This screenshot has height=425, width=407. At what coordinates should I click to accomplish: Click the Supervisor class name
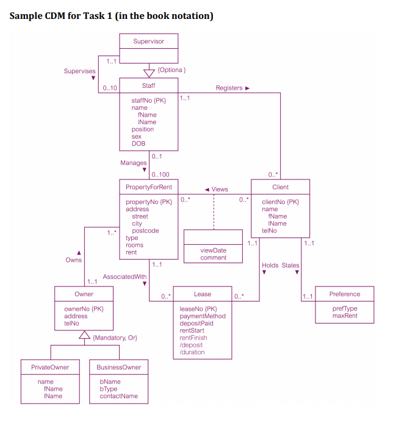(148, 42)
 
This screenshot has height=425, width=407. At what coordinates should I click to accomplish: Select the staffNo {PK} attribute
(148, 100)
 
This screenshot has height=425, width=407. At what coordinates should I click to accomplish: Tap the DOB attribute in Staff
(139, 143)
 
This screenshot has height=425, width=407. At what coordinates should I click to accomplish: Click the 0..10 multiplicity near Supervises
(110, 89)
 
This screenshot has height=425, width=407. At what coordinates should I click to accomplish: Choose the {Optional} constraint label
(171, 70)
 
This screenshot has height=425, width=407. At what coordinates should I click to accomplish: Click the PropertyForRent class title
(148, 187)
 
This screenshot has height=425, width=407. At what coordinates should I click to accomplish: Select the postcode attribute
(145, 231)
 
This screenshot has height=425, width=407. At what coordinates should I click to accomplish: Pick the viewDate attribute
(213, 250)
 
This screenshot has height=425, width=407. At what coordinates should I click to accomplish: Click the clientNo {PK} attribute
(280, 202)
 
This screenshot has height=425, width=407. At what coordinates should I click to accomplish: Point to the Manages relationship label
(134, 163)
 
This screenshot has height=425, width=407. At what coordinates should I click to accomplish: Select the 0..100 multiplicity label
(160, 175)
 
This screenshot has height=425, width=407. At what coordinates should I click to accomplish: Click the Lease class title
(203, 294)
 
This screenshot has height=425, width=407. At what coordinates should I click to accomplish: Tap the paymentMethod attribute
(203, 316)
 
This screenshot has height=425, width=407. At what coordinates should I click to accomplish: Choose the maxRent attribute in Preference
(345, 316)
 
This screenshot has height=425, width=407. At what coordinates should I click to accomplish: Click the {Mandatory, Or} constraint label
(115, 338)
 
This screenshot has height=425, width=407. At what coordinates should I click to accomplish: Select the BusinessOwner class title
(119, 367)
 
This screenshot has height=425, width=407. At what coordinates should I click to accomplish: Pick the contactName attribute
(119, 396)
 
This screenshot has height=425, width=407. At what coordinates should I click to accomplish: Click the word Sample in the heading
(28, 16)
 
